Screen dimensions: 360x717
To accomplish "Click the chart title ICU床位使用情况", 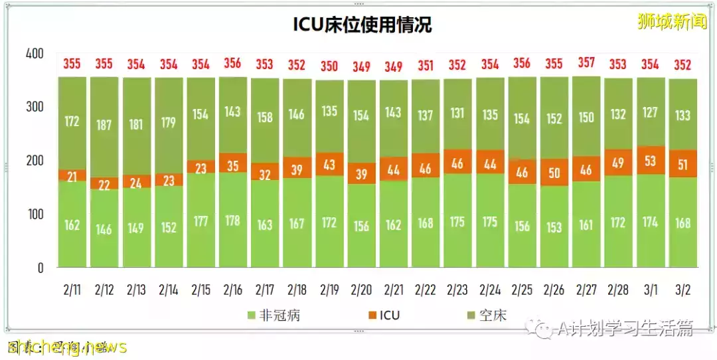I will pos(362,25).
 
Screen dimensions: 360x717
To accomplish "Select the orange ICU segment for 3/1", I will pos(650,160).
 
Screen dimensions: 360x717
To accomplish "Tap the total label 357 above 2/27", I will pos(586,64).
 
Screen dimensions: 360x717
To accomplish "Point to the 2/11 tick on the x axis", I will pos(72,290).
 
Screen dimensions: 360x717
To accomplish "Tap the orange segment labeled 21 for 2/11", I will pos(72,175).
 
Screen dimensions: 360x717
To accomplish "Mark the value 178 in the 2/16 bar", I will pos(232,221).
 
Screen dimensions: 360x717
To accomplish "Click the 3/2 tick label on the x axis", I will pos(682,290).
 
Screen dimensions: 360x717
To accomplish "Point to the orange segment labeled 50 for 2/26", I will pos(554,173).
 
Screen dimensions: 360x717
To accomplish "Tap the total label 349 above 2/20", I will pos(361,66).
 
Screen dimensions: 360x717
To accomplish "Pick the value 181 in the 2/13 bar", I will pos(136,125).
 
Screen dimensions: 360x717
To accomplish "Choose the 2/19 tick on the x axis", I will pos(329,290).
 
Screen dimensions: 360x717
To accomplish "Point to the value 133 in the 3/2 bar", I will pos(682,115).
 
